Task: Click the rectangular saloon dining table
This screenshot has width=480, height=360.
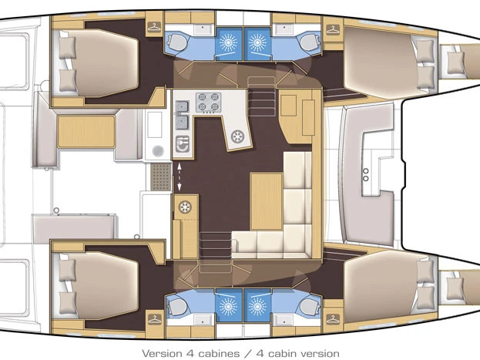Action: pyautogui.click(x=265, y=199)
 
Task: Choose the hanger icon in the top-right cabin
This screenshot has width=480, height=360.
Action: pyautogui.click(x=334, y=29)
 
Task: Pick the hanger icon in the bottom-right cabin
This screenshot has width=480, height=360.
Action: pyautogui.click(x=334, y=315)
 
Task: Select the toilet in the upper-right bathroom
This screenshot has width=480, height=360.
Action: pyautogui.click(x=309, y=40)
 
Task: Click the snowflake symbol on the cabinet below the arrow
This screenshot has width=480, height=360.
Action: pyautogui.click(x=185, y=206)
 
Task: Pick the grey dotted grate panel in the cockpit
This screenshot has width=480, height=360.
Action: pyautogui.click(x=159, y=176)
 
